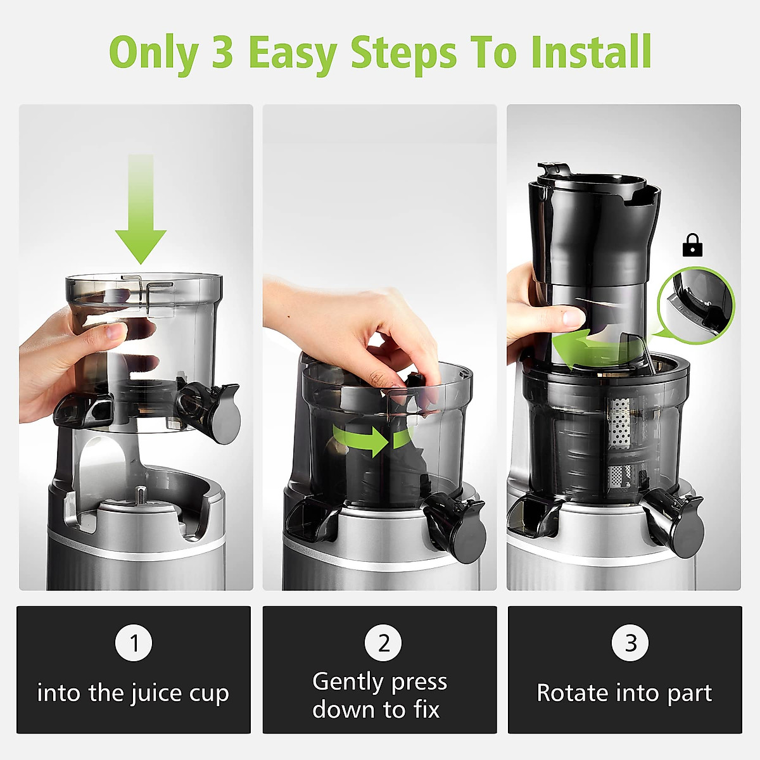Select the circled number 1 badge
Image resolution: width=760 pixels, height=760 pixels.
134,643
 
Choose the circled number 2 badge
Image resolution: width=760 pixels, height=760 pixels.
383,643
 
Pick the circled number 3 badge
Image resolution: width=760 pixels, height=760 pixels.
630,643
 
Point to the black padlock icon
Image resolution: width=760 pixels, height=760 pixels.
692,245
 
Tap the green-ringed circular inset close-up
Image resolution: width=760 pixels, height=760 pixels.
696,305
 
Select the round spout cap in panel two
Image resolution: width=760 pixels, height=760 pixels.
467,537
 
